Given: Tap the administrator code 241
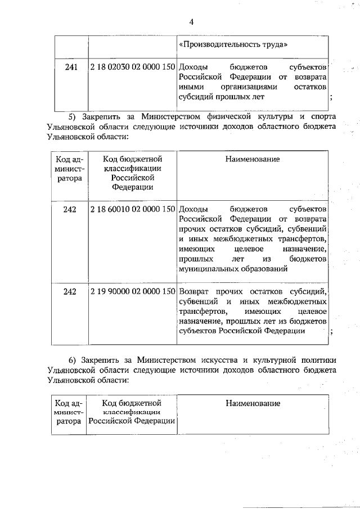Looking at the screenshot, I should click(70, 66).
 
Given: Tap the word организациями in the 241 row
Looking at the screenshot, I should click(250, 87).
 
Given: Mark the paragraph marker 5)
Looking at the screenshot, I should click(73, 117).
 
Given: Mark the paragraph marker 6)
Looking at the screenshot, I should click(73, 359).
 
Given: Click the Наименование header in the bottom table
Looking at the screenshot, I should click(253, 403).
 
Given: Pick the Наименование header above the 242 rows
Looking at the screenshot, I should click(253, 159).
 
